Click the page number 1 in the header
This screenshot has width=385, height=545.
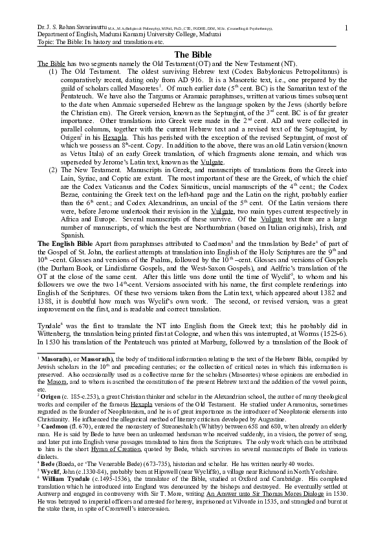pos(347,27)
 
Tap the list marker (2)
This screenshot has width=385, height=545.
pos(54,169)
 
